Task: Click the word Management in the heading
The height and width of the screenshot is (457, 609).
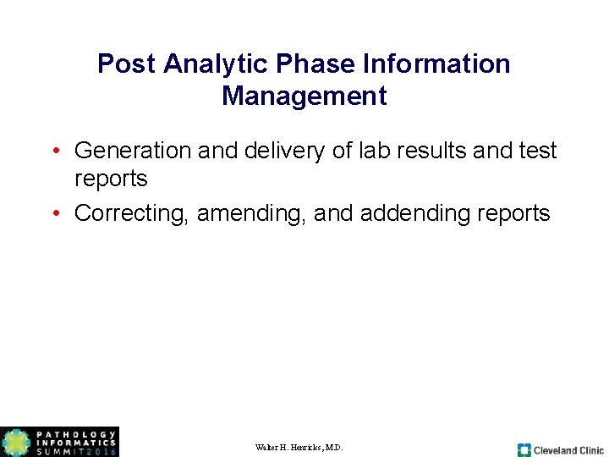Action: (304, 96)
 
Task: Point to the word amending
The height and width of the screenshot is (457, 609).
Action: (251, 213)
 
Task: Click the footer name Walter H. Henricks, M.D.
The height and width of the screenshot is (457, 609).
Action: (299, 447)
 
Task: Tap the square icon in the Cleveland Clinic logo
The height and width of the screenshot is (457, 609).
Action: (524, 450)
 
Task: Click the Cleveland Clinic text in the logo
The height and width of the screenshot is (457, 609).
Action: (568, 450)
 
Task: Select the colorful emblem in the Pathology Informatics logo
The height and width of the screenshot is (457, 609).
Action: (16, 443)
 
